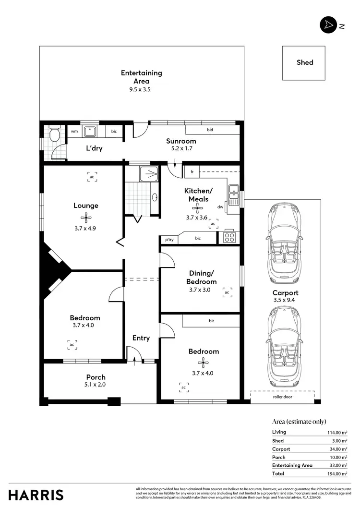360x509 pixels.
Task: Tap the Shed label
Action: pos(305,62)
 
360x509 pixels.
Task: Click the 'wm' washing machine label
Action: pos(74,131)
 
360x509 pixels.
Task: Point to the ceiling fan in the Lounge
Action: pos(86,218)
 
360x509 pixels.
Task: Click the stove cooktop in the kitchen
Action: pos(229,237)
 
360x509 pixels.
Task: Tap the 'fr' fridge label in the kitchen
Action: pos(192,171)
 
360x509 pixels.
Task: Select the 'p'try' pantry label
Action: pos(169,239)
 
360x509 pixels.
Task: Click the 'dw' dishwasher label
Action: pos(220,207)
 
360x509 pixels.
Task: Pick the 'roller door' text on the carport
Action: pos(282,397)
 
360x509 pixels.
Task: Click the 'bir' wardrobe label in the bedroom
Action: pos(211,320)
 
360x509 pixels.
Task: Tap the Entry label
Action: pos(141,338)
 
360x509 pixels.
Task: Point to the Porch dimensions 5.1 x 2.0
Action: pos(96,384)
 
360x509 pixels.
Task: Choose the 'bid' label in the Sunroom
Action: pos(210,130)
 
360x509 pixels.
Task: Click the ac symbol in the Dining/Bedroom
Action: pos(227,292)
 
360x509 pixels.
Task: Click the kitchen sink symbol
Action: pos(234,193)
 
